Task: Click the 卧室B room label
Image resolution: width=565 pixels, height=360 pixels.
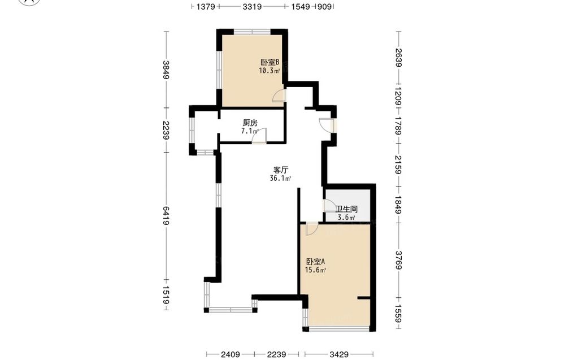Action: click(270, 62)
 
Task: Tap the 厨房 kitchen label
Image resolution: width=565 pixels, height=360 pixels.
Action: click(250, 123)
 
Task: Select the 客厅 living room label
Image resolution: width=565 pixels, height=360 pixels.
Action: click(280, 170)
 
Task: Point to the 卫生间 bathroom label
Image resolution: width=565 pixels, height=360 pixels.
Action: click(346, 209)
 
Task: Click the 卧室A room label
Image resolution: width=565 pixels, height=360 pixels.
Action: click(316, 262)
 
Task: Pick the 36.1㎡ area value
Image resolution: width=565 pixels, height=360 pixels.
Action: click(280, 178)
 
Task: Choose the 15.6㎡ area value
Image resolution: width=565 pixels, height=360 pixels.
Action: click(316, 270)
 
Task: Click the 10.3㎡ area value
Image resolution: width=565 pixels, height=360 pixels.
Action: click(270, 71)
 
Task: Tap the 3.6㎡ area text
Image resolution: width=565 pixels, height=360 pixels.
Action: click(346, 217)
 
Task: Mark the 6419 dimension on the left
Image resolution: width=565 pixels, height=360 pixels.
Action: click(166, 216)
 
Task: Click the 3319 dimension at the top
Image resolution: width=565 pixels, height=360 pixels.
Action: click(252, 6)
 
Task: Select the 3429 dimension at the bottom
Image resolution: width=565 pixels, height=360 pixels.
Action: click(339, 354)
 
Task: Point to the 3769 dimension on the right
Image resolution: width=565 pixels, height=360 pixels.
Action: click(398, 260)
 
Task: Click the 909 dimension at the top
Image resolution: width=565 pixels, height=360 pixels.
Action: click(325, 6)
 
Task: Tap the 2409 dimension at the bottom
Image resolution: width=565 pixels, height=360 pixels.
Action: click(231, 354)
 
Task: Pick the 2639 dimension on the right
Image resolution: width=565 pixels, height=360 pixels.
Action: click(398, 58)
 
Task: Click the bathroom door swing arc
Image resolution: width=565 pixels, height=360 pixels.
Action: click(329, 205)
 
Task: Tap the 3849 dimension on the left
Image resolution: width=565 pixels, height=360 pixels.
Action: click(166, 70)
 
